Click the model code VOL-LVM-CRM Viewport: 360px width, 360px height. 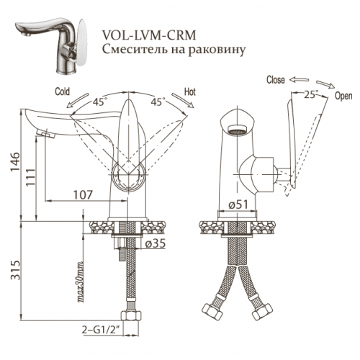click(x=149, y=35)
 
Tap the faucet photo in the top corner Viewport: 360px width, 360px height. click(x=51, y=45)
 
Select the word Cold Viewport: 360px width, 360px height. click(x=62, y=91)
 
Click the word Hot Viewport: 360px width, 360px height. click(x=190, y=92)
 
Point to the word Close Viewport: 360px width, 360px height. click(x=276, y=80)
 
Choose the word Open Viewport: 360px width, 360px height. click(x=343, y=96)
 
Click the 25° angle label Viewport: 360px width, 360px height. click(x=311, y=94)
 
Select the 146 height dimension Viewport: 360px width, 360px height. click(x=15, y=162)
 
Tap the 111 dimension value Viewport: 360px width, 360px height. click(x=30, y=178)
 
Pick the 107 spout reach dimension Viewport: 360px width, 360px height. click(x=83, y=195)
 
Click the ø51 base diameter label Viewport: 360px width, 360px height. click(x=238, y=204)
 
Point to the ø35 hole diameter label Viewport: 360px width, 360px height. click(x=156, y=243)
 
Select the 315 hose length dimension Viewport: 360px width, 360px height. click(x=15, y=269)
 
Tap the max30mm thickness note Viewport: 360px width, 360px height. click(x=79, y=282)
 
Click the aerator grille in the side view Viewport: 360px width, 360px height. click(x=238, y=130)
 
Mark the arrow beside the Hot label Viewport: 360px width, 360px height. click(x=183, y=101)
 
